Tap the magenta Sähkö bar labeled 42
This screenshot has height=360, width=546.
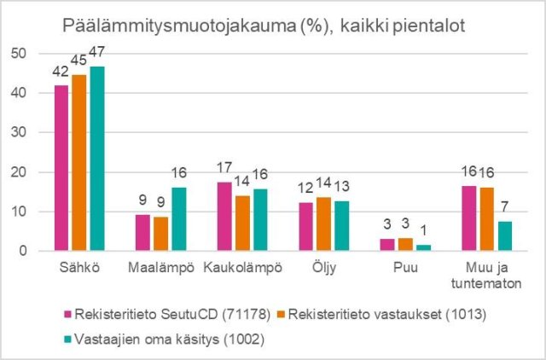(x=61, y=168)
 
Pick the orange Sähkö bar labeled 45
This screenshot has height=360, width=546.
(x=78, y=163)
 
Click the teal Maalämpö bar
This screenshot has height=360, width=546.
(x=178, y=219)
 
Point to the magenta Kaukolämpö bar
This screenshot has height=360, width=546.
(x=224, y=217)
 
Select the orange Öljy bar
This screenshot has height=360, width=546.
(x=323, y=224)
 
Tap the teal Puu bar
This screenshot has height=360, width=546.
(x=423, y=247)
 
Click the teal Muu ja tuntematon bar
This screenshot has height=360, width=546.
(x=505, y=236)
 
